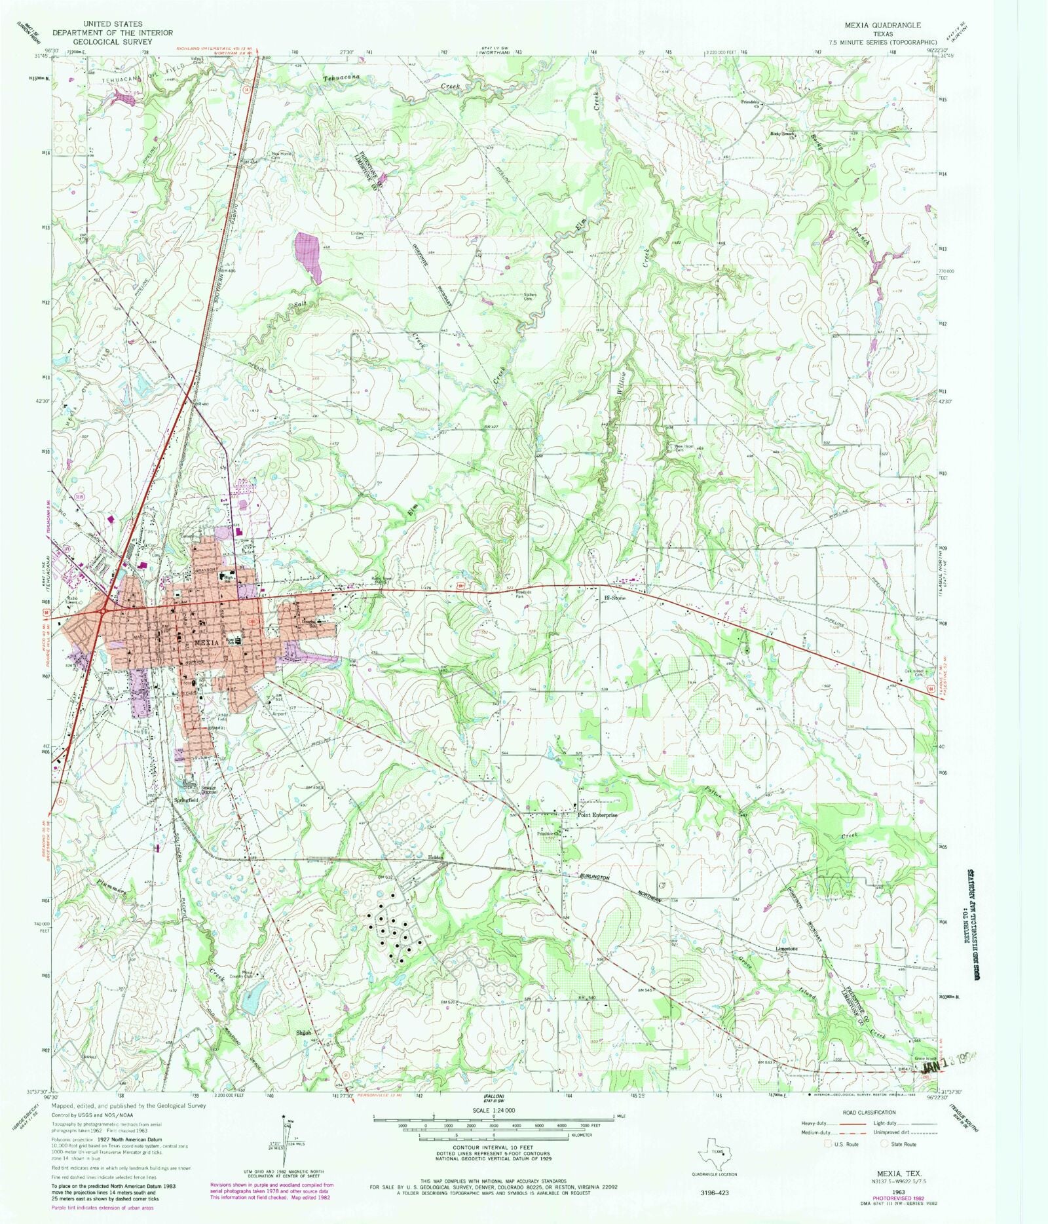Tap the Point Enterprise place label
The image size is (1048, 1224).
tap(597, 815)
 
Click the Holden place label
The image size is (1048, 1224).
tap(436, 858)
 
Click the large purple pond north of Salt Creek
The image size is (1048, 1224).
tap(309, 256)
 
